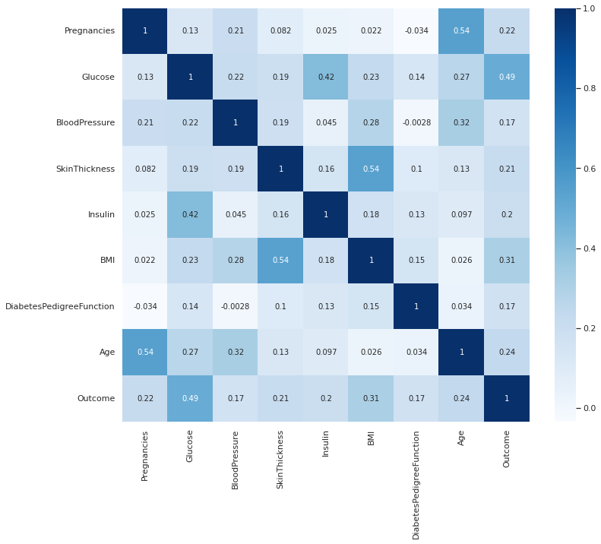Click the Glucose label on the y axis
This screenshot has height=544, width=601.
pyautogui.click(x=98, y=77)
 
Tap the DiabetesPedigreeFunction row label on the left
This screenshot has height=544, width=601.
pyautogui.click(x=60, y=306)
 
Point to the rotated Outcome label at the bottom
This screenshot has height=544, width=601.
pyautogui.click(x=507, y=449)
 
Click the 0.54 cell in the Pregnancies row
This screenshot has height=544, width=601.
pyautogui.click(x=461, y=31)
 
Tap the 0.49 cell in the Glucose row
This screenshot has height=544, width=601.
pyautogui.click(x=507, y=77)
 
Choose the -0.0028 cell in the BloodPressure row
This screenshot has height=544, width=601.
pyautogui.click(x=416, y=123)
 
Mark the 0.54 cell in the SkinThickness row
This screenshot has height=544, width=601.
pyautogui.click(x=371, y=169)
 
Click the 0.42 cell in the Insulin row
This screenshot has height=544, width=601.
pyautogui.click(x=190, y=214)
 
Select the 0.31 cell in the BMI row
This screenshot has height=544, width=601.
pyautogui.click(x=507, y=261)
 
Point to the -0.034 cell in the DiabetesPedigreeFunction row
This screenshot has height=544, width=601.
pyautogui.click(x=144, y=306)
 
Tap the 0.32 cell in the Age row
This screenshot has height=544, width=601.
pyautogui.click(x=236, y=353)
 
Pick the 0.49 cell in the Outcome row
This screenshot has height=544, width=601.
pyautogui.click(x=190, y=398)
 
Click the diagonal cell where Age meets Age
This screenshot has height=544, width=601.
pyautogui.click(x=461, y=353)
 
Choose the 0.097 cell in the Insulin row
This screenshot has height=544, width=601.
pyautogui.click(x=461, y=214)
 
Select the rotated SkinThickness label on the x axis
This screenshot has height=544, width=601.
pyautogui.click(x=280, y=460)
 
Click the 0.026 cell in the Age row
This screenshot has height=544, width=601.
pyautogui.click(x=371, y=353)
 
